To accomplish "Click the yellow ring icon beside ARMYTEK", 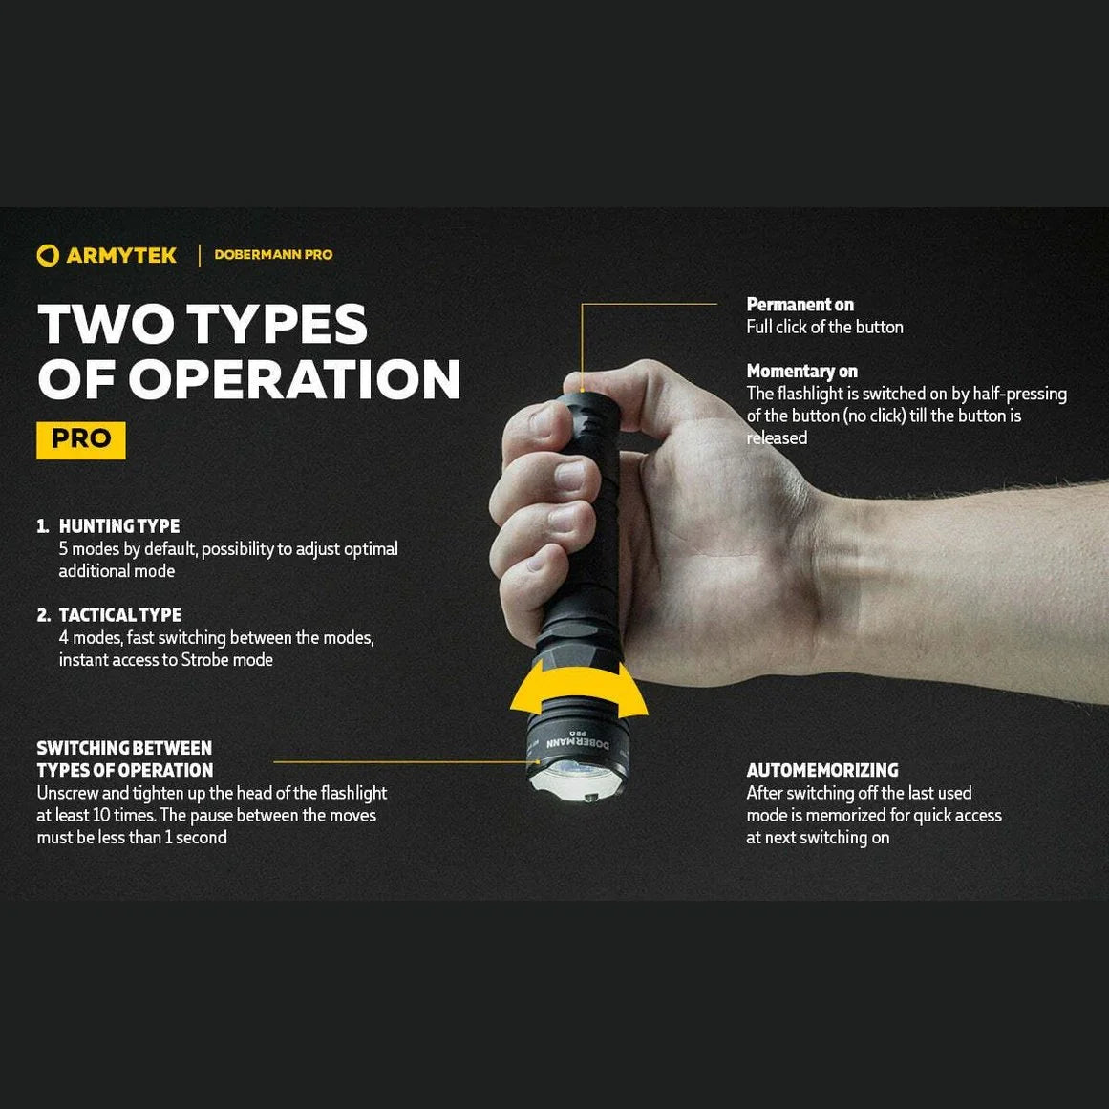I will coord(48,255).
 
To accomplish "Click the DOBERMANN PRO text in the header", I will coord(273,255).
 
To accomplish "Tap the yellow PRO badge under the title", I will coord(81,439).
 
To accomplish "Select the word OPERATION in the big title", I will coord(295,379).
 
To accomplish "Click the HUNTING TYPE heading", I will coord(119,526).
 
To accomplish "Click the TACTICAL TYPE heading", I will coord(120,615).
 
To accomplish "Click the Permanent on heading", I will coord(800,305).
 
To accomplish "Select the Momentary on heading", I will coord(802,372).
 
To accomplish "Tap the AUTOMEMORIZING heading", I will coord(822,771).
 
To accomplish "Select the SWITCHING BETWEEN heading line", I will coord(124,749).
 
